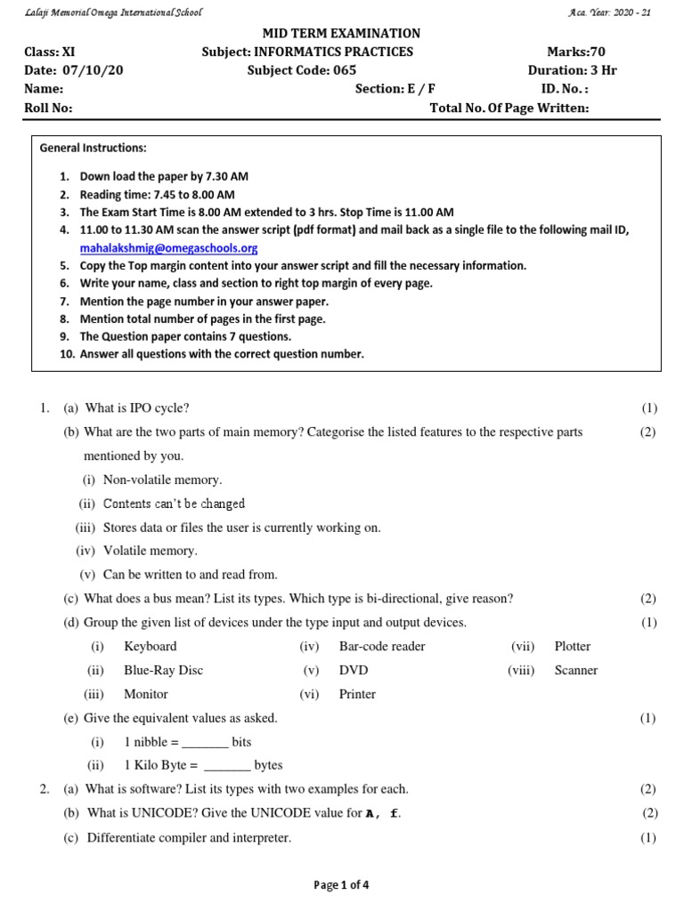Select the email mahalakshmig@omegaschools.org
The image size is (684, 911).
click(x=168, y=248)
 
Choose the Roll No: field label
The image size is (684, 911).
click(x=48, y=108)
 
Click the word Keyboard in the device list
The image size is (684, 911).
click(x=150, y=646)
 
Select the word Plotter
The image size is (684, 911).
click(x=572, y=646)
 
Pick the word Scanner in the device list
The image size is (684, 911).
click(x=575, y=670)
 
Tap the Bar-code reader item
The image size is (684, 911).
click(x=382, y=646)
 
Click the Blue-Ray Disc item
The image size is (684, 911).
click(x=163, y=670)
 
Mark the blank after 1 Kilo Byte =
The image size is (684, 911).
click(x=228, y=765)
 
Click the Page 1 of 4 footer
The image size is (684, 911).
click(x=341, y=884)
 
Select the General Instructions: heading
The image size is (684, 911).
click(x=94, y=148)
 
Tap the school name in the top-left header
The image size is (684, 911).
click(x=113, y=12)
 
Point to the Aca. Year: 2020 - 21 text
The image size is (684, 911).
click(x=608, y=12)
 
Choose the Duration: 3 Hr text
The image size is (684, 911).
click(x=572, y=70)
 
